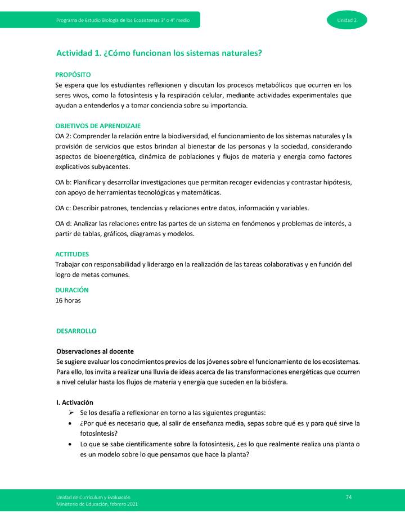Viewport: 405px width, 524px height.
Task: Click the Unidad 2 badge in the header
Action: coord(346,20)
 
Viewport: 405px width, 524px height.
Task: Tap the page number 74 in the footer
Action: coord(349,497)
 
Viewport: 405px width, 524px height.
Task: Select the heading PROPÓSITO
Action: coord(73,75)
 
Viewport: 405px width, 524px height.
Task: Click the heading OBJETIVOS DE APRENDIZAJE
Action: coord(98,126)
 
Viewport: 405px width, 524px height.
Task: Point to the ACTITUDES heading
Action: coord(72,254)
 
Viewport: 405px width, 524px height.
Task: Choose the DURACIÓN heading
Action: coord(72,290)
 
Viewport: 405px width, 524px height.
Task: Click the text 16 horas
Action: coord(68,300)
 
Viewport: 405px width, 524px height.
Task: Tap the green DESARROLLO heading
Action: coord(76,331)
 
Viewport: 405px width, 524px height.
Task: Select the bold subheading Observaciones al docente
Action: coord(94,351)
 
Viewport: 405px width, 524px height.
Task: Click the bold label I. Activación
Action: coord(74,403)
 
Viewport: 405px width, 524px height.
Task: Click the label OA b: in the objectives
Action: coord(64,183)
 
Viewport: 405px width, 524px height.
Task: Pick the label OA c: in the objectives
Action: coord(63,208)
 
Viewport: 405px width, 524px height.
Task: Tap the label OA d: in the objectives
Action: coord(64,224)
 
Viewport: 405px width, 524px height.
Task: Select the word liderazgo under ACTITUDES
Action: coord(157,264)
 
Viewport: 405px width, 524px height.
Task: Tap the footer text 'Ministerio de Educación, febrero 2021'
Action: coord(96,504)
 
